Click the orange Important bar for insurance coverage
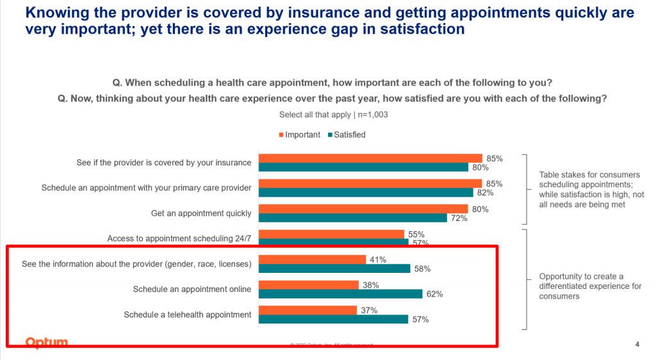click(x=370, y=158)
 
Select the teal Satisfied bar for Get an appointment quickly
click(x=352, y=218)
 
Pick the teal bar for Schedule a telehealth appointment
click(x=332, y=319)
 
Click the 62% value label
click(x=435, y=294)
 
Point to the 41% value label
click(x=377, y=259)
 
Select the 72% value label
click(x=459, y=218)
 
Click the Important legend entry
click(x=299, y=135)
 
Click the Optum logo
click(x=46, y=343)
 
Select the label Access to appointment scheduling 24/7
click(x=179, y=239)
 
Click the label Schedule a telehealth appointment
click(x=187, y=315)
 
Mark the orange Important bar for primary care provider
click(x=370, y=184)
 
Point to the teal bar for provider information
click(x=334, y=268)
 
